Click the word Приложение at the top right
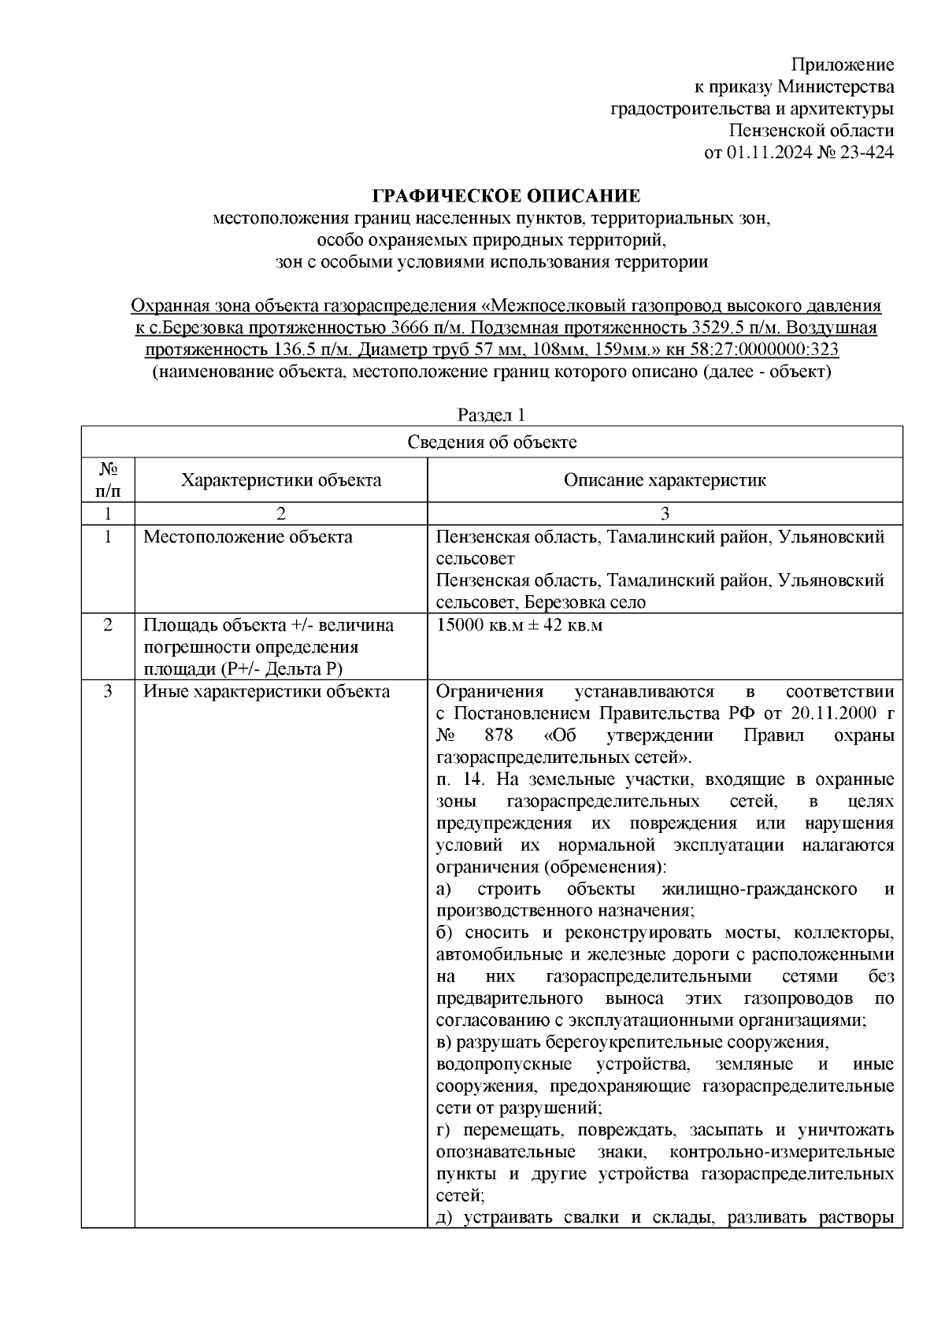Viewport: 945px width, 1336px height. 843,65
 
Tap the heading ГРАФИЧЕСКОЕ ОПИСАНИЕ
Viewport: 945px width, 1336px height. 506,195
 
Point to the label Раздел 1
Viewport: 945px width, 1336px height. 491,415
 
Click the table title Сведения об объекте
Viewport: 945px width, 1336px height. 491,442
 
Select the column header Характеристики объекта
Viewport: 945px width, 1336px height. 281,480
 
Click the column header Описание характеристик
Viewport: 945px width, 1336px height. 664,480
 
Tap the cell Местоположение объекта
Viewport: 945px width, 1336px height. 248,538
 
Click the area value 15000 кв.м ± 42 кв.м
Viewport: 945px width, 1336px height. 518,626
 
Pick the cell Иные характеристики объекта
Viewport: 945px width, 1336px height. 266,692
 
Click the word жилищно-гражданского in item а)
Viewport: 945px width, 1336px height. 759,890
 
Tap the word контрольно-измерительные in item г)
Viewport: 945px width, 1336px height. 781,1153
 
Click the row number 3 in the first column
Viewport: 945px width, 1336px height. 108,692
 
